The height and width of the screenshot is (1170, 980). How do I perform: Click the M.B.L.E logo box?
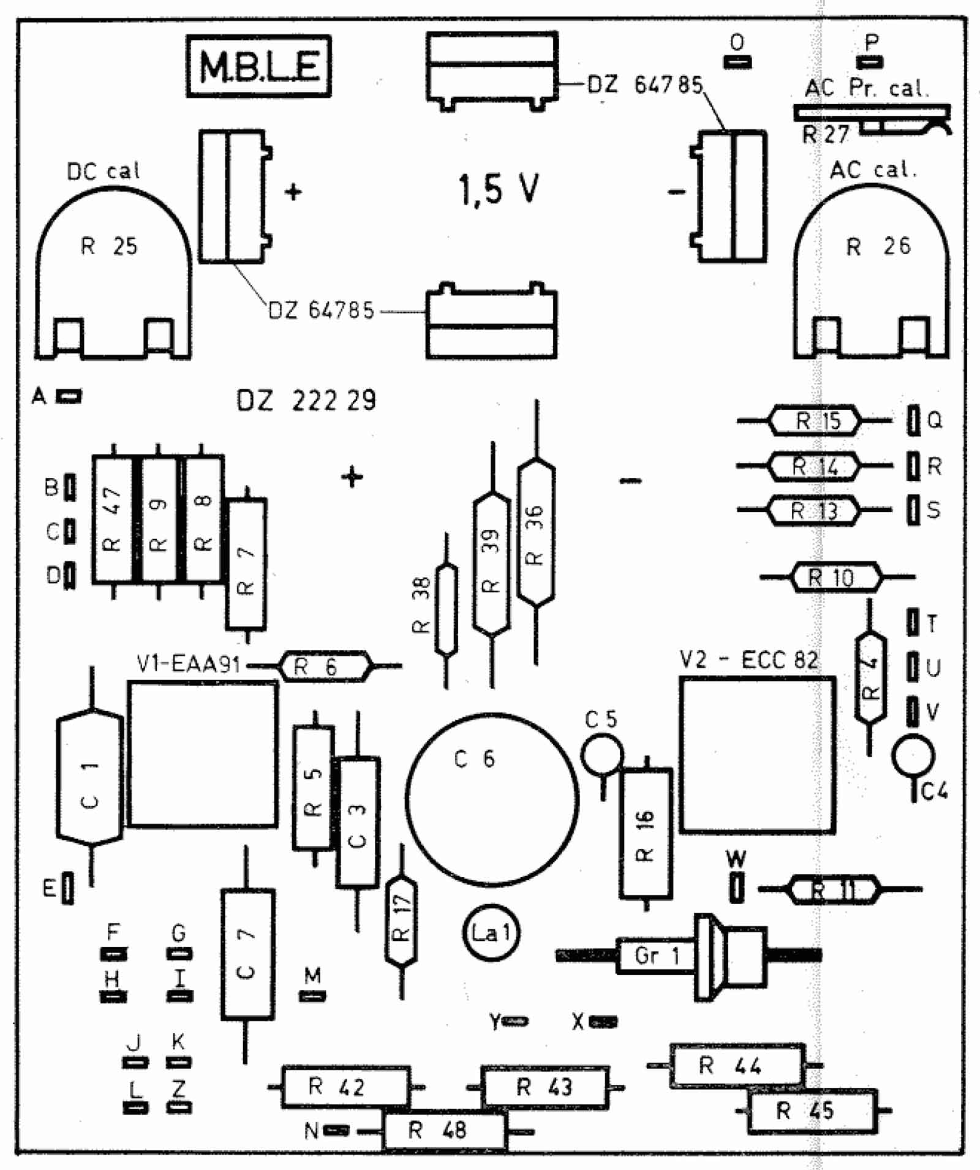(x=258, y=66)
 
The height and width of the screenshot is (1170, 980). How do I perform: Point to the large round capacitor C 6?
(x=492, y=799)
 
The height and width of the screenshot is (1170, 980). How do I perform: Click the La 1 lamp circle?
(x=490, y=933)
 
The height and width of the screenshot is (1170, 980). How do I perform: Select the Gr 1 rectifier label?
(x=657, y=956)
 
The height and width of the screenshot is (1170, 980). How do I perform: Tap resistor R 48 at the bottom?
(x=445, y=1131)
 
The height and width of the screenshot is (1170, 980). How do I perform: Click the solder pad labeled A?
(x=69, y=396)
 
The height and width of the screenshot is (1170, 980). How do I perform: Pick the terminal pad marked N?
(x=336, y=1130)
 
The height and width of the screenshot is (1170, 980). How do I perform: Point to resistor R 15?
(x=815, y=421)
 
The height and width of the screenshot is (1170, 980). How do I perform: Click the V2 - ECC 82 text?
(x=748, y=660)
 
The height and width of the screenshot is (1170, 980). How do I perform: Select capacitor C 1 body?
(x=90, y=778)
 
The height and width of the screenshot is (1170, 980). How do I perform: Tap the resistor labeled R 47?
(x=113, y=518)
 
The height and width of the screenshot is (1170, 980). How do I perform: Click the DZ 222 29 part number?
(x=306, y=401)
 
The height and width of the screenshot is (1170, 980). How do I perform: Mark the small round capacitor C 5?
(x=602, y=754)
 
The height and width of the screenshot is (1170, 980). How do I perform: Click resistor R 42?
(x=346, y=1087)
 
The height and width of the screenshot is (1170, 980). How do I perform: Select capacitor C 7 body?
(x=247, y=954)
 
